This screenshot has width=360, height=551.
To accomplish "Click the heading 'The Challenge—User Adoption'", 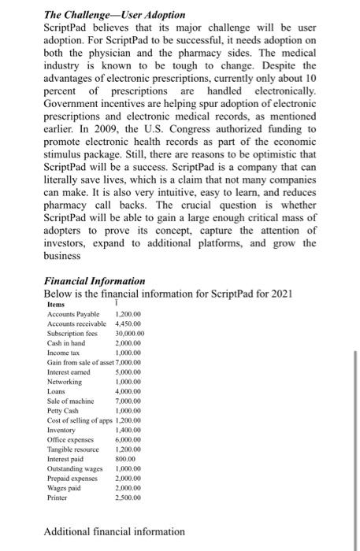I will [114, 15].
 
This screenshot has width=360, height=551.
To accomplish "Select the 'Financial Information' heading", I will [95, 280].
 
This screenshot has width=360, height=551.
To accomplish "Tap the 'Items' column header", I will [56, 305].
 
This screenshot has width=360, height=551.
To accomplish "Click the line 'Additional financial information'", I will [114, 532].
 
